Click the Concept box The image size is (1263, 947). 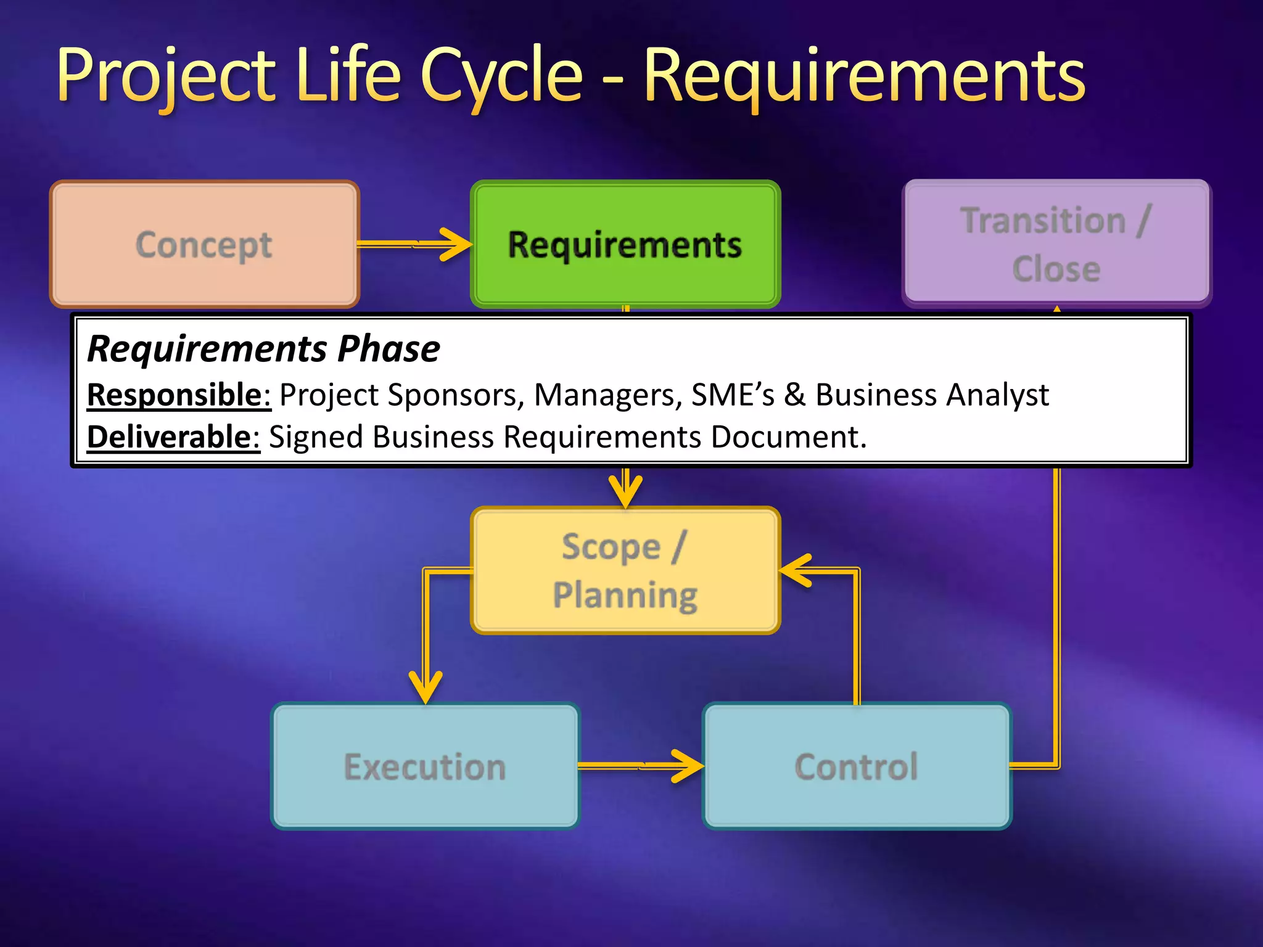click(x=204, y=245)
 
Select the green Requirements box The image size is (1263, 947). click(x=625, y=245)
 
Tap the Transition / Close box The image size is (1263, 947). click(x=1056, y=244)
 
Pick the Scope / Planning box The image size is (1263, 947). click(x=625, y=570)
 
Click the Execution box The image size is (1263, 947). click(x=425, y=766)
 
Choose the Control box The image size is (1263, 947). click(x=857, y=766)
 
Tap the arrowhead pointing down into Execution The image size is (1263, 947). click(x=426, y=687)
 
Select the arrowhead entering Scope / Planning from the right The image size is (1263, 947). click(x=795, y=570)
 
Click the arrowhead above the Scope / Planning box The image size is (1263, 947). click(x=625, y=491)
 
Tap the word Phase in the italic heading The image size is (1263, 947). click(x=389, y=349)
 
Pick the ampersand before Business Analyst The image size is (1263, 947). click(x=794, y=395)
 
